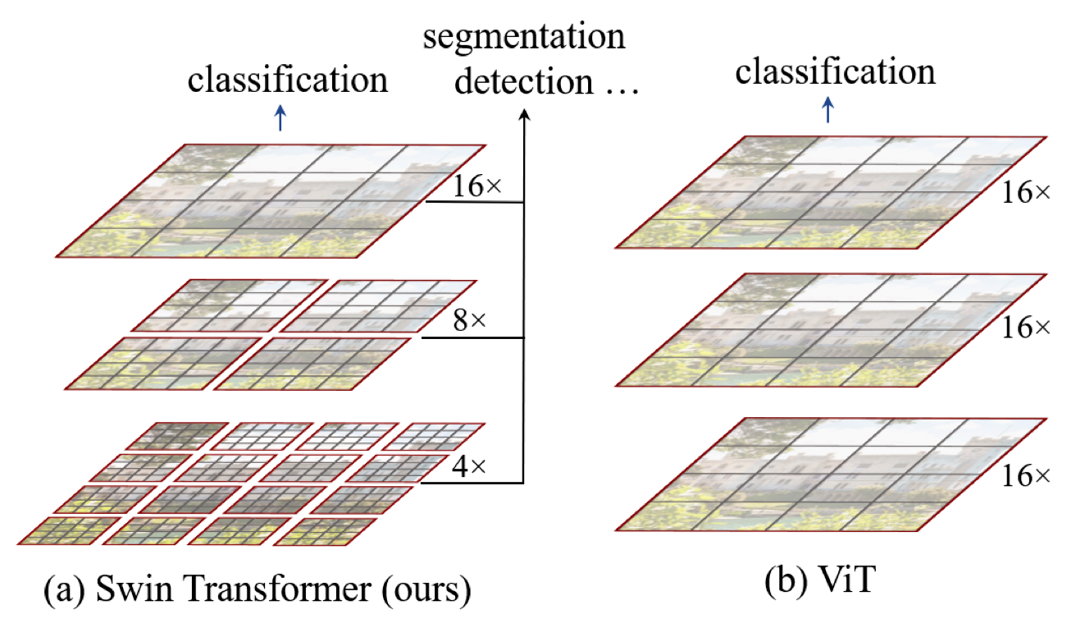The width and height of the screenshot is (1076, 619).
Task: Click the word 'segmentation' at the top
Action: point(524,38)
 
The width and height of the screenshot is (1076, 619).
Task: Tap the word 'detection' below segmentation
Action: point(524,80)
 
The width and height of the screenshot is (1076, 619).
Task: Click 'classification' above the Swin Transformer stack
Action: point(287,79)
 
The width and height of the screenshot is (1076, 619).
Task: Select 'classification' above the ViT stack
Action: point(836,71)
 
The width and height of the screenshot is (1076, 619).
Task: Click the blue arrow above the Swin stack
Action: point(280,118)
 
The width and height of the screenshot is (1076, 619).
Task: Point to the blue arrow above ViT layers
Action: point(828,110)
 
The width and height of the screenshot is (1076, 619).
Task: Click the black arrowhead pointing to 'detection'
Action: point(525,114)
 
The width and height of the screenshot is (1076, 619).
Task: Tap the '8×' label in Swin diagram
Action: point(469,320)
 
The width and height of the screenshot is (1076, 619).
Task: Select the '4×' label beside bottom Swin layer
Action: point(469,466)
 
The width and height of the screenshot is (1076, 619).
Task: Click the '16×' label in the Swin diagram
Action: point(477,186)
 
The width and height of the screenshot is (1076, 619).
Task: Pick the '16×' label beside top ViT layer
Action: point(1025,193)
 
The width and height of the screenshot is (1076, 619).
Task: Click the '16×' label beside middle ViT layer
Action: point(1025,328)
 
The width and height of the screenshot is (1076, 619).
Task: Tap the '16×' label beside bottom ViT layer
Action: point(1025,476)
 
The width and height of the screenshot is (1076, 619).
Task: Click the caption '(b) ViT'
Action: point(820,580)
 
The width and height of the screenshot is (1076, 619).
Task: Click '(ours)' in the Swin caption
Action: point(426,589)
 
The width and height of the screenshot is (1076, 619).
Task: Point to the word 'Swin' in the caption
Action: point(134,588)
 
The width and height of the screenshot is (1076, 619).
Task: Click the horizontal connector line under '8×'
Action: point(472,337)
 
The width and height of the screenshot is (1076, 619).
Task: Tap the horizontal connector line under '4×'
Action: point(472,483)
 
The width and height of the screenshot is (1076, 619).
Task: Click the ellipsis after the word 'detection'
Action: point(622,90)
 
